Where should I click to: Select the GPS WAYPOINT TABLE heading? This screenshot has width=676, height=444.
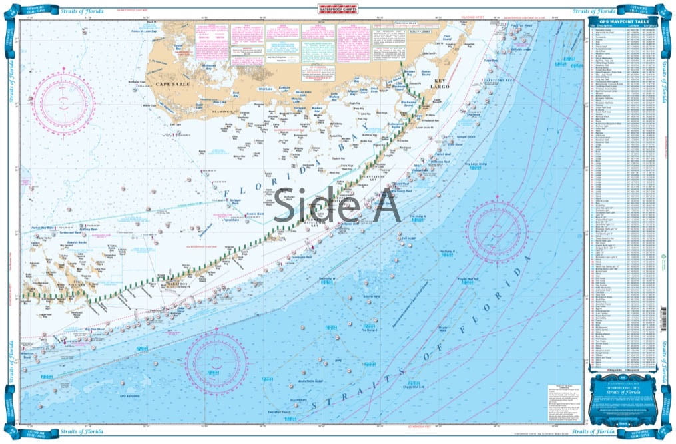click(x=619, y=23)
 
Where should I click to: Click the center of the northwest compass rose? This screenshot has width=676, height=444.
click(x=65, y=101)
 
